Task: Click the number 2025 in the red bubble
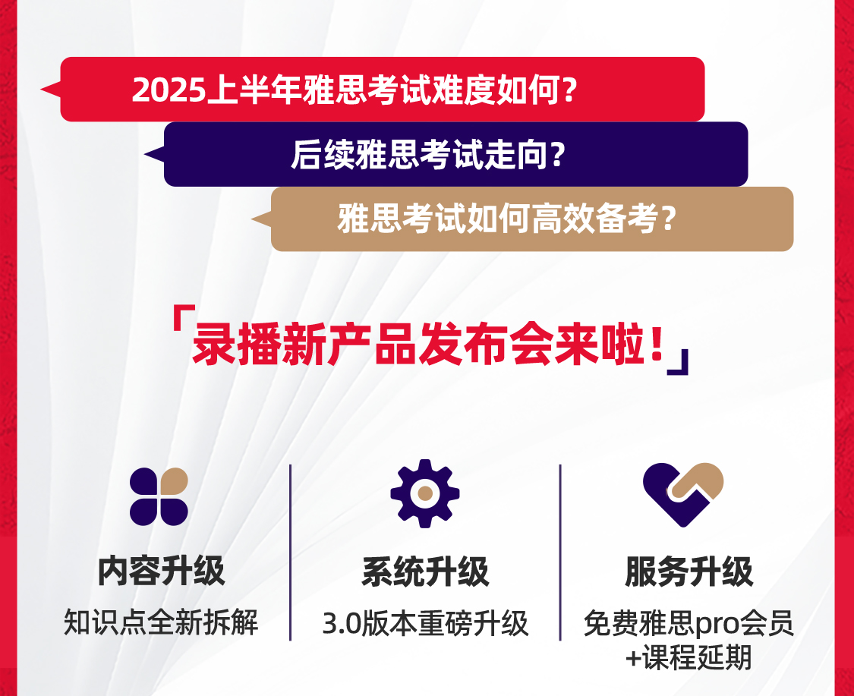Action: click(169, 90)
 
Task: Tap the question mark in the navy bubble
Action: click(558, 155)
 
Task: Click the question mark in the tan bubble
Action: click(670, 219)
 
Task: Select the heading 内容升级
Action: click(161, 572)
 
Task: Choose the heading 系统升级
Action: click(425, 572)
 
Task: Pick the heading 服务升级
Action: click(689, 572)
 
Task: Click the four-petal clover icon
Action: click(159, 496)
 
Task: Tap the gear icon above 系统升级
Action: click(425, 493)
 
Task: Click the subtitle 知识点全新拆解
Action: click(161, 622)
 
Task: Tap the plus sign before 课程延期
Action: click(633, 658)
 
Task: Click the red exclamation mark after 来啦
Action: click(657, 344)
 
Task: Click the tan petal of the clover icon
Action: click(175, 481)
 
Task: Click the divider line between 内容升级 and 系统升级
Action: click(290, 553)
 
